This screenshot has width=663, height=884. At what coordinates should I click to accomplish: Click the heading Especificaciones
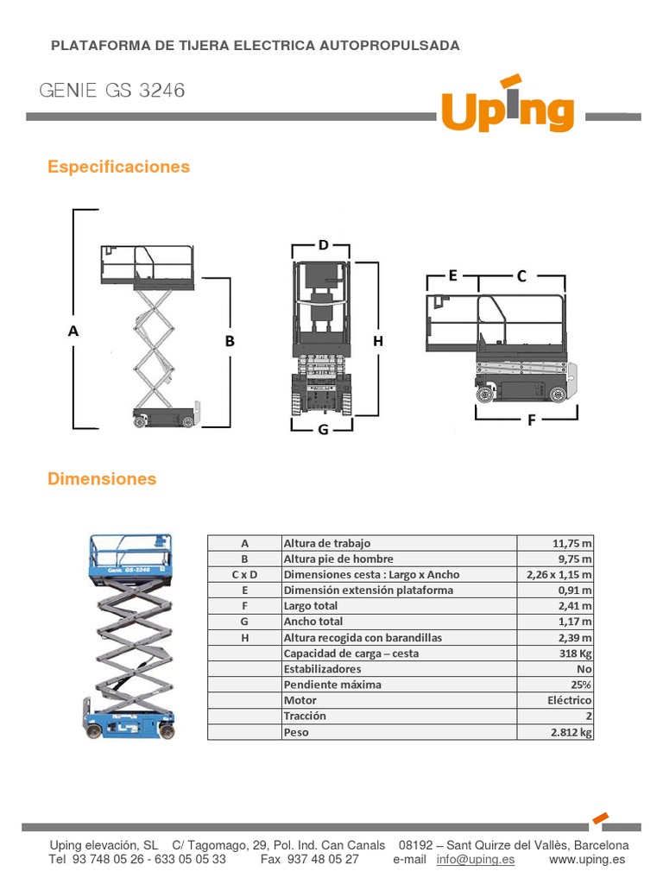point(118,167)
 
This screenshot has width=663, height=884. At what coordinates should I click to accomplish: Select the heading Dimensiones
point(102,478)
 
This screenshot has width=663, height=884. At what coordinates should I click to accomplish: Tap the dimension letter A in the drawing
point(73,331)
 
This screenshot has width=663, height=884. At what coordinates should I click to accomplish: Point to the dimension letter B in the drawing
point(230,341)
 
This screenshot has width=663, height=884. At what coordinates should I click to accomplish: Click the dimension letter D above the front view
point(323,245)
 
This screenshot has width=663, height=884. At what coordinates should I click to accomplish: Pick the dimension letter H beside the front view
point(377,341)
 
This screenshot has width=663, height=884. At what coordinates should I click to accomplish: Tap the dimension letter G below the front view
point(323,429)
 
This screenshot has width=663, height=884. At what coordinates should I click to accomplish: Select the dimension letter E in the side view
point(452,276)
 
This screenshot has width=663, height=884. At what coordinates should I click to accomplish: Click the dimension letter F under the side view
point(532,421)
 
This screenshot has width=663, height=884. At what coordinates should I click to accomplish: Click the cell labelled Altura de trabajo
point(327,543)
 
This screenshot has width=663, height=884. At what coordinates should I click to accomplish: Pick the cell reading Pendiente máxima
point(332,685)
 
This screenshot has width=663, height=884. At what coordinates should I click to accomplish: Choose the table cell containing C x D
point(244,574)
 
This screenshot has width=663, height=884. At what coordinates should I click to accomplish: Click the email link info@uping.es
point(476,859)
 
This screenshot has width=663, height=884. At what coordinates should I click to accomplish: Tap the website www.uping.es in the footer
point(589,859)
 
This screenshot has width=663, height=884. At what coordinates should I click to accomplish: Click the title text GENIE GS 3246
point(112,91)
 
